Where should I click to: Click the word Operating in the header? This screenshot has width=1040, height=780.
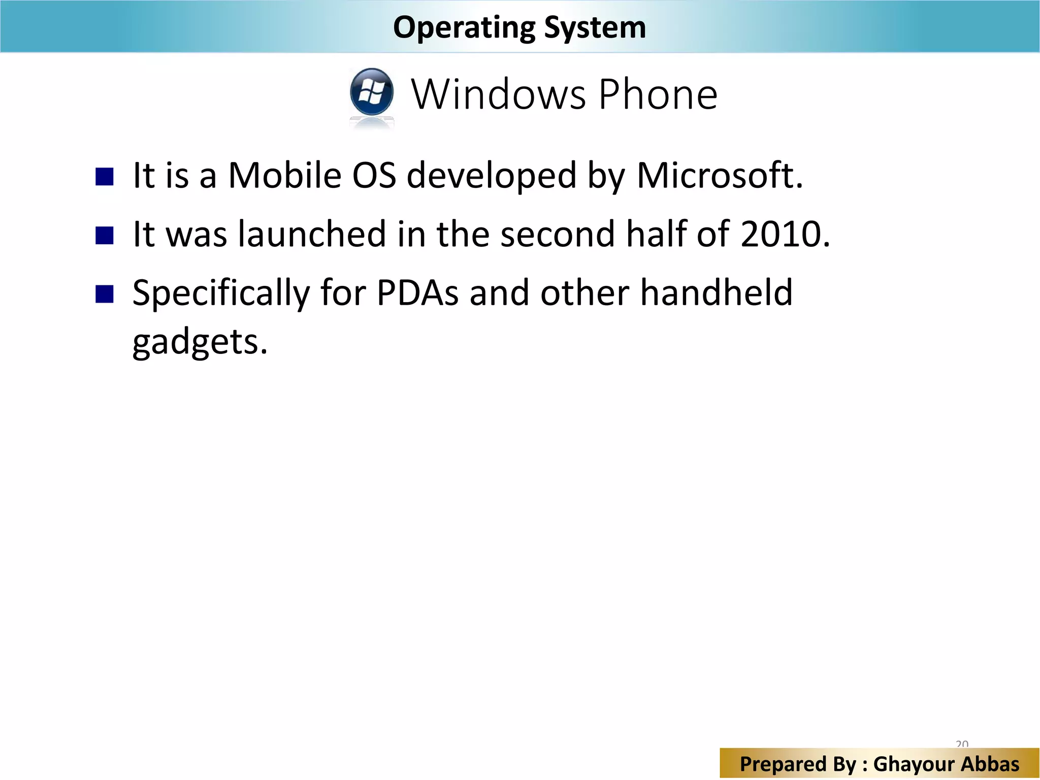pyautogui.click(x=464, y=28)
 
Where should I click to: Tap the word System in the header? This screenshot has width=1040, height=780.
pyautogui.click(x=595, y=28)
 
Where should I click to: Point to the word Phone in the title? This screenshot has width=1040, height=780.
pyautogui.click(x=658, y=94)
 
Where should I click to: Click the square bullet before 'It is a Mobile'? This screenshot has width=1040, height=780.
pyautogui.click(x=105, y=177)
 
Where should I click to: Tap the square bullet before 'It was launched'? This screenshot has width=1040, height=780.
pyautogui.click(x=105, y=236)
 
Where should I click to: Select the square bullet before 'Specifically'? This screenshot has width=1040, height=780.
pyautogui.click(x=105, y=294)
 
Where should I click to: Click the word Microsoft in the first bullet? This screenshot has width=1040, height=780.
pyautogui.click(x=720, y=176)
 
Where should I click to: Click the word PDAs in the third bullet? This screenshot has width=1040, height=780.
pyautogui.click(x=418, y=293)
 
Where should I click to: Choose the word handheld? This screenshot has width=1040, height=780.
pyautogui.click(x=716, y=293)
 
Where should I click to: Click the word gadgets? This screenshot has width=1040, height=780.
pyautogui.click(x=200, y=343)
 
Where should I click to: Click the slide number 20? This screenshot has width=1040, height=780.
pyautogui.click(x=962, y=744)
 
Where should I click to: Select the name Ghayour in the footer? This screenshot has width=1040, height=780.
pyautogui.click(x=913, y=764)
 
